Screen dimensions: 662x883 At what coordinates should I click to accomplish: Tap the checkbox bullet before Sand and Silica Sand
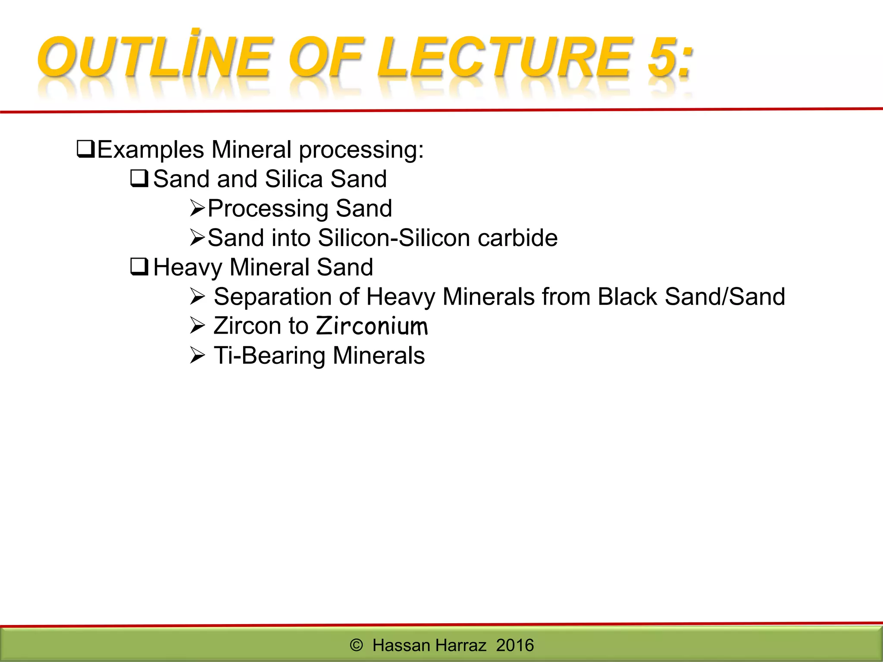(139, 178)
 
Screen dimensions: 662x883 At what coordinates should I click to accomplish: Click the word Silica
(294, 179)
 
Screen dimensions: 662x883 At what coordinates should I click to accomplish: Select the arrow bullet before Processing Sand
(197, 209)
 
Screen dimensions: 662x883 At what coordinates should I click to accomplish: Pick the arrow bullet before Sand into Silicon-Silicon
(197, 238)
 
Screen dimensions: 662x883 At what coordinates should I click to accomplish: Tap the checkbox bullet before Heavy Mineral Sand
(139, 267)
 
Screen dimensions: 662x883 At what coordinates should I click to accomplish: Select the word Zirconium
(372, 326)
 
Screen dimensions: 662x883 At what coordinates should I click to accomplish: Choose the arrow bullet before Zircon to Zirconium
(197, 326)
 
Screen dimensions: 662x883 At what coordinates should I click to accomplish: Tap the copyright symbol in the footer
(356, 645)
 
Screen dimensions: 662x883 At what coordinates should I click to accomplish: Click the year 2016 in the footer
(515, 645)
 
